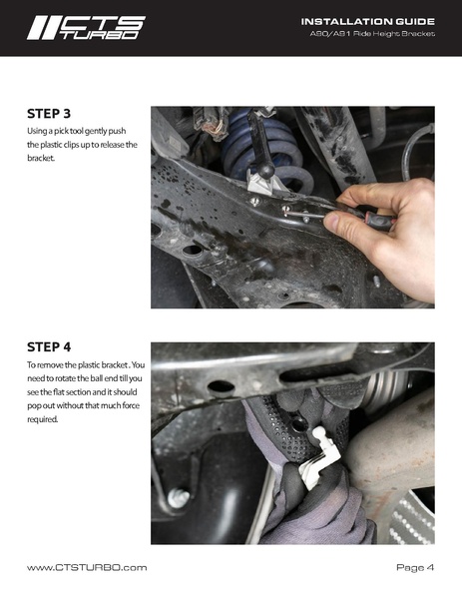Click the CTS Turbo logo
[x=86, y=28]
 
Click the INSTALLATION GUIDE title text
[x=368, y=22]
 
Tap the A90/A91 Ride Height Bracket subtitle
[x=372, y=34]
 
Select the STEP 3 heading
[x=49, y=114]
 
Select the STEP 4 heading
[x=49, y=347]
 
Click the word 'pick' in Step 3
[x=61, y=131]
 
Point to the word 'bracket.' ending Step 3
[x=41, y=158]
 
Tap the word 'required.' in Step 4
[x=42, y=419]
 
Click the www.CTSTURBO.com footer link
[x=87, y=567]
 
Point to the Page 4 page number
[x=415, y=567]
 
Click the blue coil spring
[x=266, y=153]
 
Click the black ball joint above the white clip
[x=265, y=171]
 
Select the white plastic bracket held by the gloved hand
[x=319, y=457]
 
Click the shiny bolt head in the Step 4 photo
[x=179, y=498]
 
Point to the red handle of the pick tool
[x=377, y=222]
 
